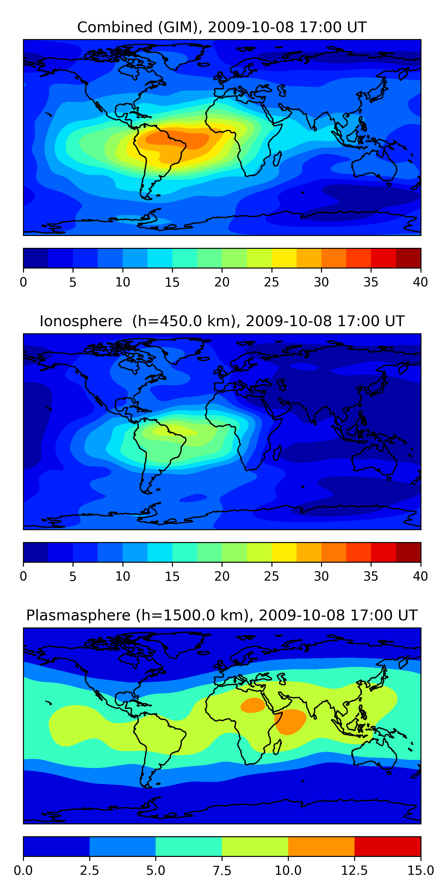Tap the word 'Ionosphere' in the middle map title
pyautogui.click(x=81, y=321)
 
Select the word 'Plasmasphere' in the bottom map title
pyautogui.click(x=78, y=615)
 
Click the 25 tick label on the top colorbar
pyautogui.click(x=271, y=282)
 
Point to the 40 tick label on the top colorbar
pyautogui.click(x=420, y=282)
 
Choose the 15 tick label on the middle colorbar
pyautogui.click(x=172, y=576)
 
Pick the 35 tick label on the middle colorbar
pyautogui.click(x=371, y=576)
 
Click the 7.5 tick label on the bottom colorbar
pyautogui.click(x=222, y=871)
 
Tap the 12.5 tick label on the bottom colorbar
pyautogui.click(x=354, y=871)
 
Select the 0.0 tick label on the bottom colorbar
pyautogui.click(x=23, y=871)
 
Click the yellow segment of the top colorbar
pyautogui.click(x=284, y=258)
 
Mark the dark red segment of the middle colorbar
pyautogui.click(x=408, y=552)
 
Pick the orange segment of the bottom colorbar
pyautogui.click(x=321, y=846)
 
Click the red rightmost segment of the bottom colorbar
pyautogui.click(x=387, y=846)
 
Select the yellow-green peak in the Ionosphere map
pyautogui.click(x=171, y=432)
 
